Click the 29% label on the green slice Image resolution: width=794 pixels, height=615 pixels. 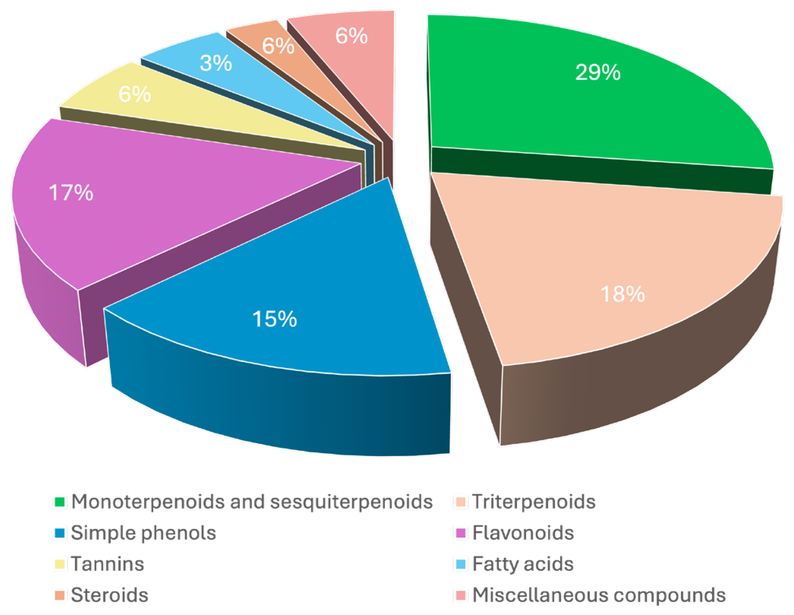598,72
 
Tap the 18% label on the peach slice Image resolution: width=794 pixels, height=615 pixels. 622,294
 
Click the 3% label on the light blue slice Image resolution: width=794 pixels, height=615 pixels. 216,63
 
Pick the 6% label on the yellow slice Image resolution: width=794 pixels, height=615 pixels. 134,94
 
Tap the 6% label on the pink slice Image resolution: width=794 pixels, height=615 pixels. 351,36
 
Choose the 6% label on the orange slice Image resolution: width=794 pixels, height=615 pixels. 278,46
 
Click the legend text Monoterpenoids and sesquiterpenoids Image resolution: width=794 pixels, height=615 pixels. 252,502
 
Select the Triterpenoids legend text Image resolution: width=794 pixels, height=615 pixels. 534,502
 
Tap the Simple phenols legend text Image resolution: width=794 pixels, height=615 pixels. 144,533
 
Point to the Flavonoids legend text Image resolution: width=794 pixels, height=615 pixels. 523,533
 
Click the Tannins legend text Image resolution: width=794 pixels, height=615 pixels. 107,564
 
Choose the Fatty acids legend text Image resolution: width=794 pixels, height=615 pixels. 522,564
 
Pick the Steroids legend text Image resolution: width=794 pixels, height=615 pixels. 109,595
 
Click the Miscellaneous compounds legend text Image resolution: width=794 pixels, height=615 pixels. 599,595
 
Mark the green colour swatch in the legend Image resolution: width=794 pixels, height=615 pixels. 60,502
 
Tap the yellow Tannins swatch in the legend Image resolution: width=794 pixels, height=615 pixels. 60,564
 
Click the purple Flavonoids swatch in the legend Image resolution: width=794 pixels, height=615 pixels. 461,533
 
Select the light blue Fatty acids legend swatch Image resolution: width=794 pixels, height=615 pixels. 461,564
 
